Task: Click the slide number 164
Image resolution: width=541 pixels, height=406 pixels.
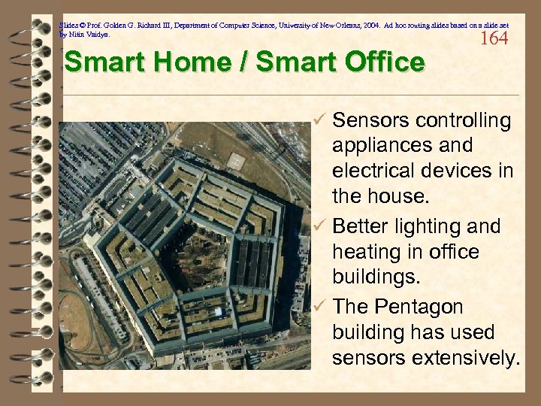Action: [494, 38]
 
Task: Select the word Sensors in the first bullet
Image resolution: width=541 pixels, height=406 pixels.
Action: [373, 120]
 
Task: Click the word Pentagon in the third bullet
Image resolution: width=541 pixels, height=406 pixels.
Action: [418, 307]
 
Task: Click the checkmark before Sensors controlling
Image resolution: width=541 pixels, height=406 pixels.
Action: [319, 120]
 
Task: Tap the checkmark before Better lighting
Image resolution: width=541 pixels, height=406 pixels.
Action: [319, 226]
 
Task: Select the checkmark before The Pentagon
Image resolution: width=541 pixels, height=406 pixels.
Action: [319, 307]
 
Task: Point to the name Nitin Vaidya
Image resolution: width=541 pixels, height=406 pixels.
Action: [88, 35]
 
